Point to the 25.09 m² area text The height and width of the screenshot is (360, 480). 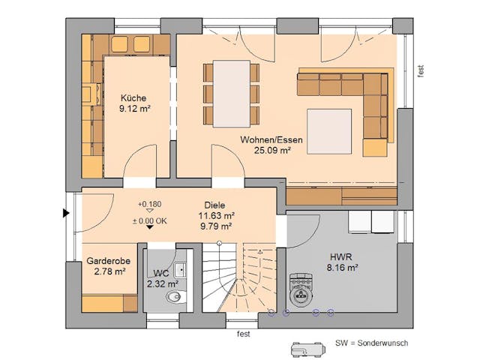click(x=265, y=150)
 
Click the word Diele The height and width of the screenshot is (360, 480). click(x=214, y=204)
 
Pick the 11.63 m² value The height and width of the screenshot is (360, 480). click(x=214, y=214)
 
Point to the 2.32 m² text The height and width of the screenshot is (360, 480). click(x=162, y=284)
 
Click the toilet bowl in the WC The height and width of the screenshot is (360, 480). click(x=173, y=298)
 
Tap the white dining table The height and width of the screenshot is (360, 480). click(x=231, y=93)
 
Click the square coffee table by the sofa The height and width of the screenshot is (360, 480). click(x=329, y=130)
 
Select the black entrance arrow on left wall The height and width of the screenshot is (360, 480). click(x=66, y=214)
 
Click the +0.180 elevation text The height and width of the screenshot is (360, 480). click(x=150, y=204)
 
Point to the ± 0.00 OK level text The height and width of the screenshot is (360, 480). click(x=150, y=220)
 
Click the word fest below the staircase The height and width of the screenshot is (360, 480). click(x=243, y=334)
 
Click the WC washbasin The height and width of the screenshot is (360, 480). click(x=180, y=270)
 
